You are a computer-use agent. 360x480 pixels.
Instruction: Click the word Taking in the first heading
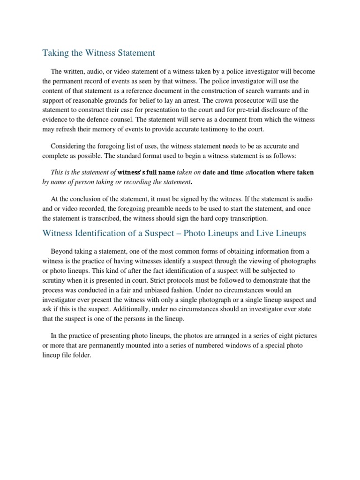tap(55, 52)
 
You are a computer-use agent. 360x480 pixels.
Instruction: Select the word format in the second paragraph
tap(145, 155)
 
